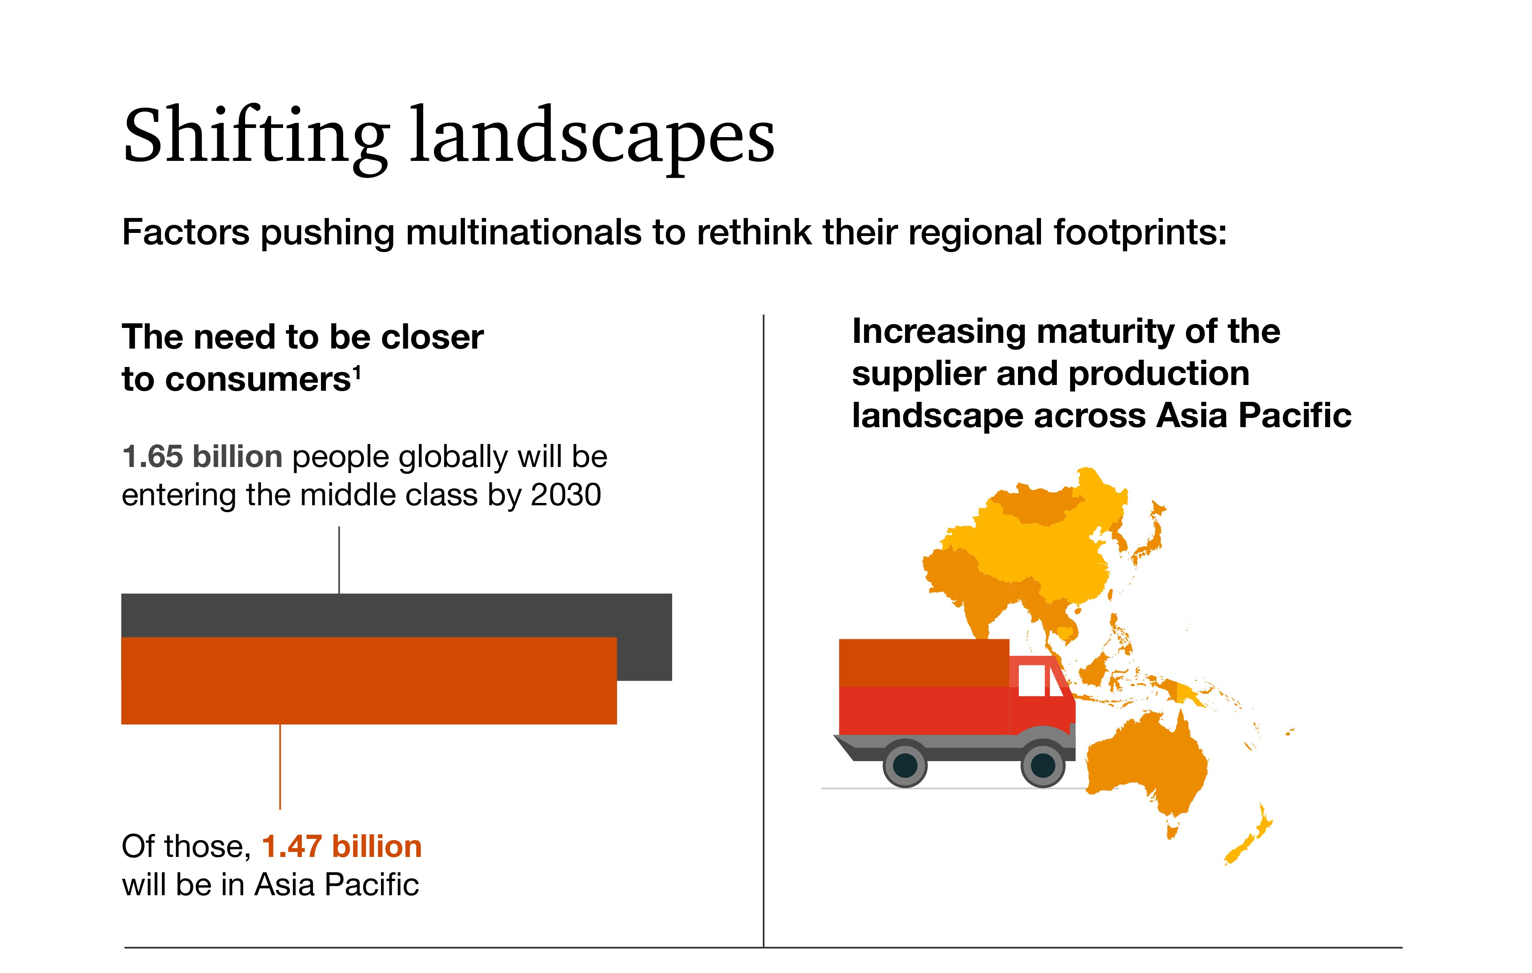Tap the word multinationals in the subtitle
524,232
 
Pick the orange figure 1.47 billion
342,846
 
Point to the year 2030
566,495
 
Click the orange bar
369,680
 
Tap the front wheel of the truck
1043,764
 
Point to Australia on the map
1145,763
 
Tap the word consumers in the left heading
237,380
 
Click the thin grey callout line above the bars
339,560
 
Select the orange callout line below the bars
280,767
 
